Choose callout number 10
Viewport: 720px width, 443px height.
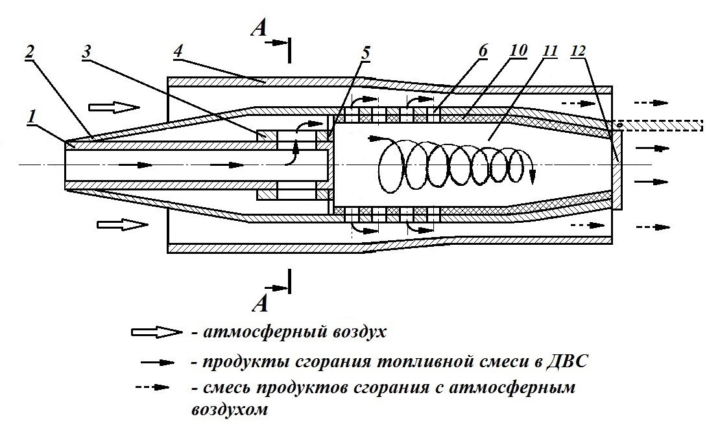(517, 51)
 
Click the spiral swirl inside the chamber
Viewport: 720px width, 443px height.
(454, 167)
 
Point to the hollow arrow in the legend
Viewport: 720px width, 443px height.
(155, 332)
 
